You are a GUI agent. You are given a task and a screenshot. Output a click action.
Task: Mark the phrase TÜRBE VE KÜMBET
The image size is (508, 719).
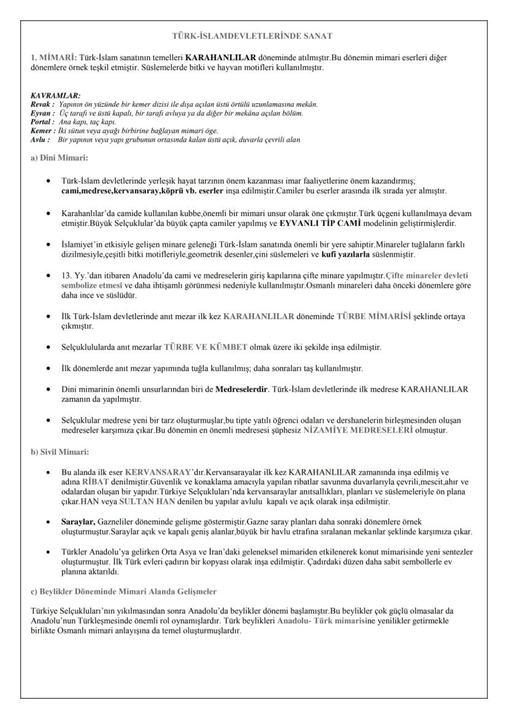(x=206, y=347)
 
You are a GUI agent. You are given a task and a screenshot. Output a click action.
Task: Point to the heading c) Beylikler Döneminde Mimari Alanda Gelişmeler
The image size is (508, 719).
(x=121, y=593)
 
